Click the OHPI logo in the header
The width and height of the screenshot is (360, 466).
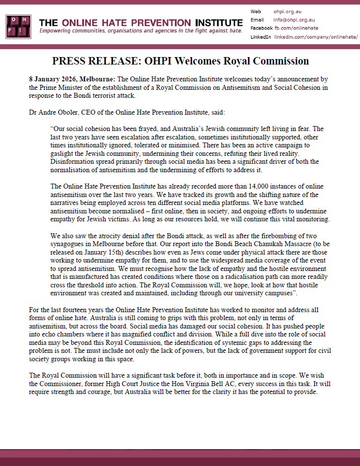[x=19, y=26]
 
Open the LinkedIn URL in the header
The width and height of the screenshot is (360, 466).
[x=315, y=37]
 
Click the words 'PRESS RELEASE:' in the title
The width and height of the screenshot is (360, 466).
[x=96, y=62]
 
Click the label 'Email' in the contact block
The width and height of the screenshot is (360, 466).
[x=257, y=20]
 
